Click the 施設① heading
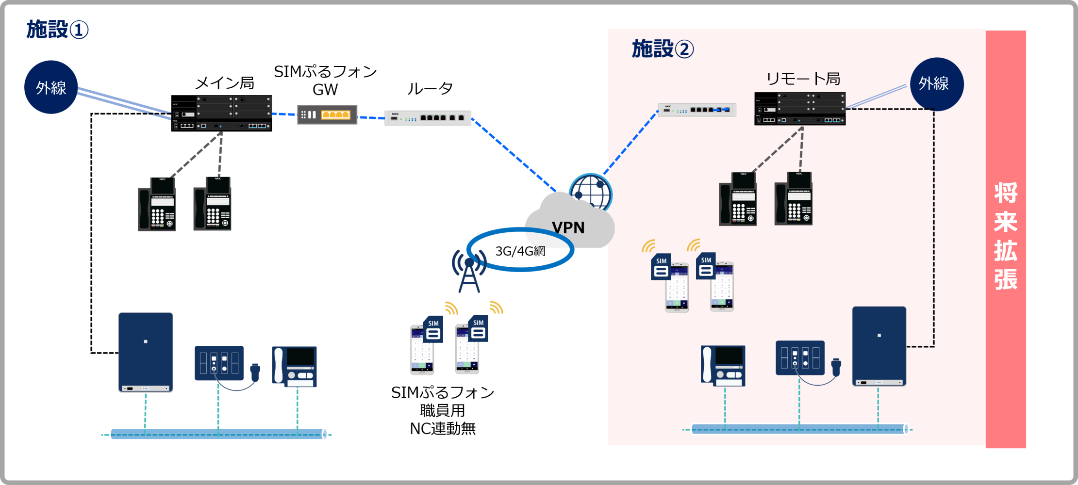(x=57, y=30)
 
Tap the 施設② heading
(x=663, y=49)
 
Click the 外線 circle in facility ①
(x=51, y=87)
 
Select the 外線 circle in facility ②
(x=936, y=84)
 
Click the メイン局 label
(x=225, y=83)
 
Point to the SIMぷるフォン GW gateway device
(x=327, y=114)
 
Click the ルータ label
(x=430, y=89)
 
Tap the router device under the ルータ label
(x=428, y=118)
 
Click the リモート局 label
(x=803, y=79)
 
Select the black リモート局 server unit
(x=800, y=109)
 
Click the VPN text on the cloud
(x=568, y=227)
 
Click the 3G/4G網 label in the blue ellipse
(x=520, y=251)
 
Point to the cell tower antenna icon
(x=469, y=273)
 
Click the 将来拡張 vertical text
(x=1006, y=236)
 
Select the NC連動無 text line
(x=443, y=429)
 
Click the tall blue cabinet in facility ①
(x=146, y=352)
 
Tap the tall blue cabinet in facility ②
(x=879, y=346)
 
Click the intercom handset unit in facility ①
(x=294, y=366)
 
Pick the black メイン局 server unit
(x=221, y=113)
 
